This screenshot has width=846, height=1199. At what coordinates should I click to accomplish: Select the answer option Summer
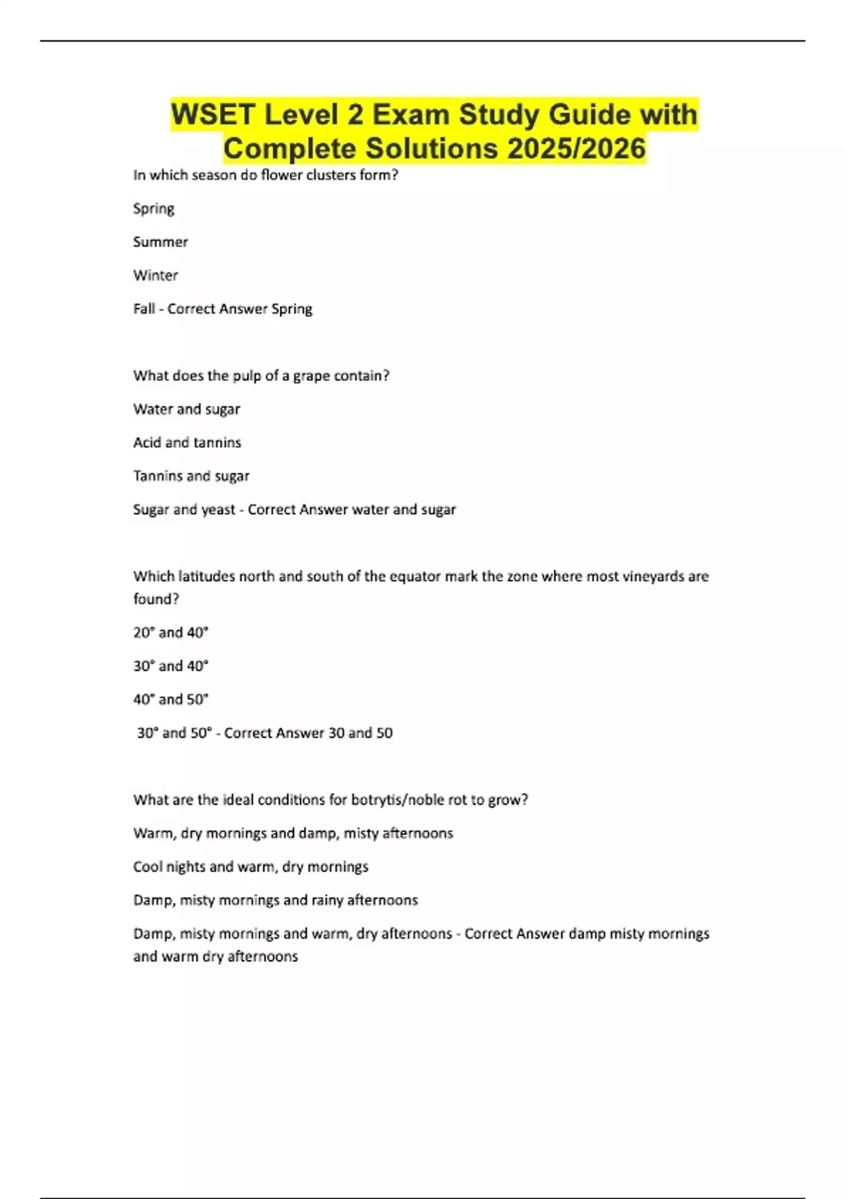tap(161, 242)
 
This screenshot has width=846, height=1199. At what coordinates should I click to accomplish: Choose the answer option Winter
tap(156, 275)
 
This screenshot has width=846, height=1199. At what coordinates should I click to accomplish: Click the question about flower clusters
tap(266, 175)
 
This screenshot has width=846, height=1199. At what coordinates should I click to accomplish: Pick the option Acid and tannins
tap(188, 442)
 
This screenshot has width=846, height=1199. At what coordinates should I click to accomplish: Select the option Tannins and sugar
tap(192, 476)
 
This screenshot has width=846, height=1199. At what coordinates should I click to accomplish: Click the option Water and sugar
tap(187, 409)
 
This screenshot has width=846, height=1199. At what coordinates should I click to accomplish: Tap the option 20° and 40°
tap(171, 633)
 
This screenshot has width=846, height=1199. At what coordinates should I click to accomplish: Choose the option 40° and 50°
tap(171, 700)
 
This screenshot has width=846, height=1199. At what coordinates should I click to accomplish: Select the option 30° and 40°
tap(171, 666)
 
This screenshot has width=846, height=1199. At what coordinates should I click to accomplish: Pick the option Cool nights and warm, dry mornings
tap(251, 867)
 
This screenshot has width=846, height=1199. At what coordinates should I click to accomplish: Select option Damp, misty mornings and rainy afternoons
tap(276, 900)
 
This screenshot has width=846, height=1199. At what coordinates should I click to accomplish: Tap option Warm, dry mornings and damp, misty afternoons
tap(293, 833)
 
